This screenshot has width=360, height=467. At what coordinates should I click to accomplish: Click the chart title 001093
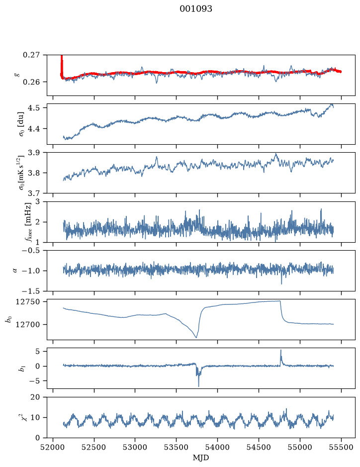pos(195,9)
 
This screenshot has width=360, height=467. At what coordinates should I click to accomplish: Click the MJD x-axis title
pos(201,458)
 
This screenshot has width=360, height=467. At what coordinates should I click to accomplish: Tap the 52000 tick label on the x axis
pos(53,447)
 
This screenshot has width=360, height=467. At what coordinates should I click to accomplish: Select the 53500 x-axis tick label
pos(177,447)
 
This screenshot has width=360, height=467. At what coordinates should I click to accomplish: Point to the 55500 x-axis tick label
pos(341,447)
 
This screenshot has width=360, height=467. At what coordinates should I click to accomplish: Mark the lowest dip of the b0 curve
pos(196,338)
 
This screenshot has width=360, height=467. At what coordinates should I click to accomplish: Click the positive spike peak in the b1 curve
pos(280,350)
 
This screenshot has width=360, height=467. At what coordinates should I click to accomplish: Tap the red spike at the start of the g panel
pos(62,66)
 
